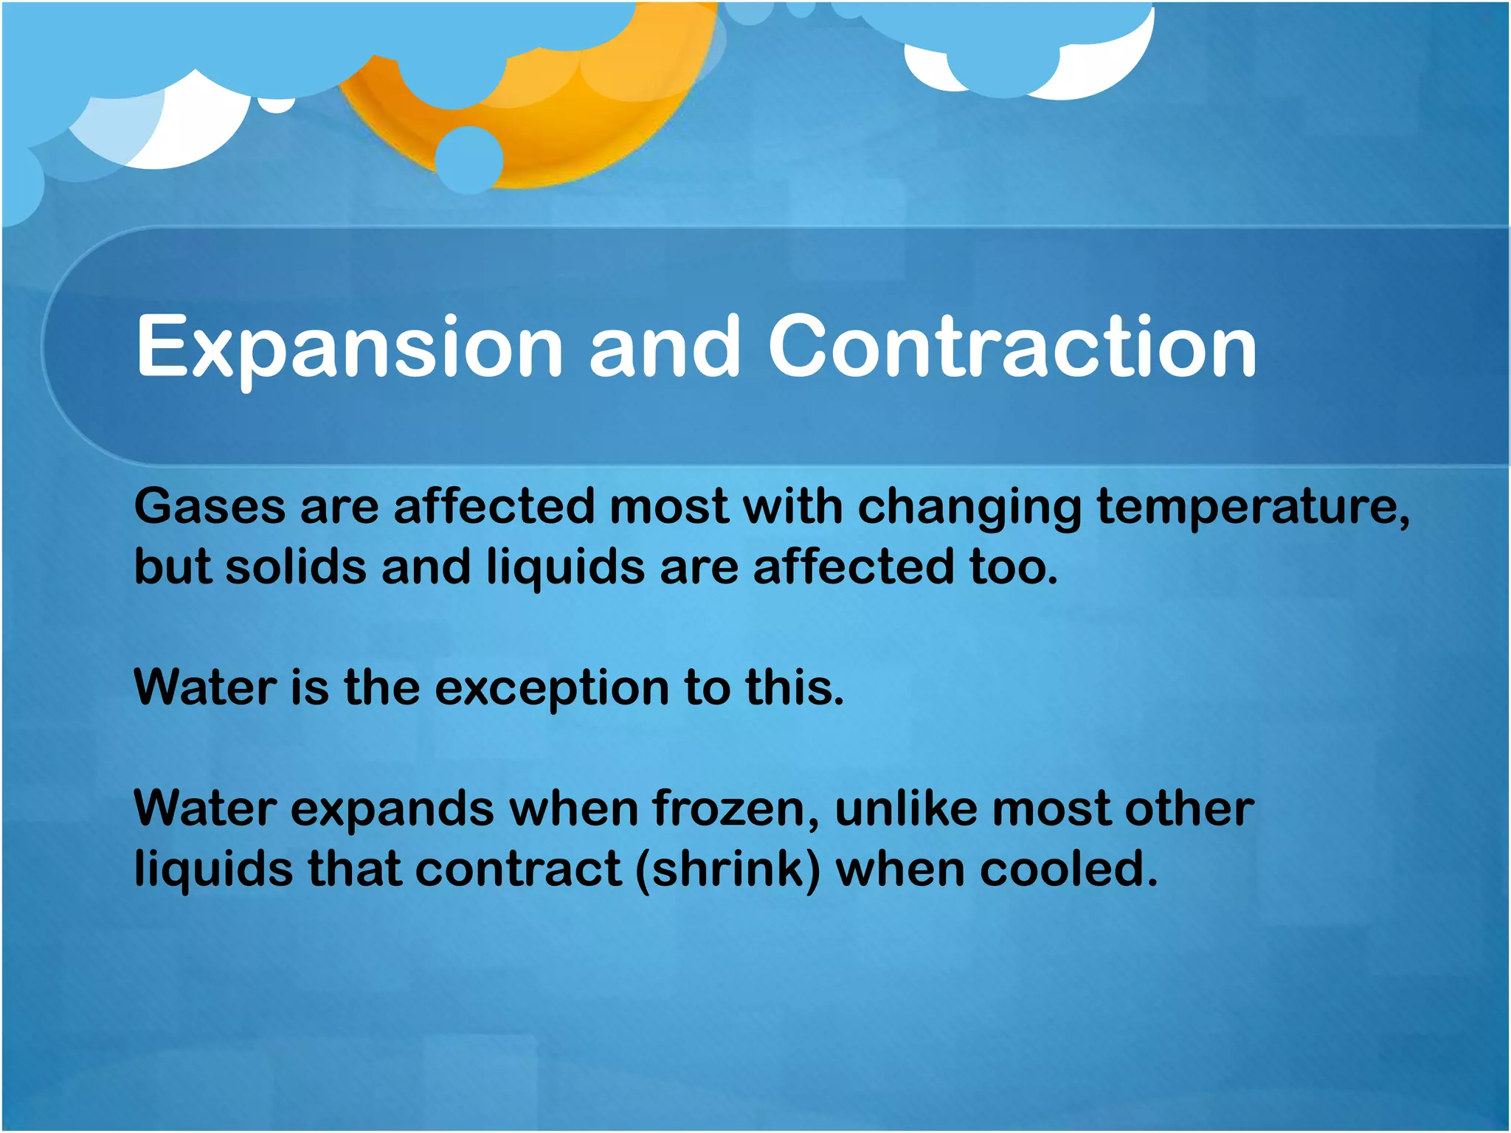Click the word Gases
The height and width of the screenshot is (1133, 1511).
(210, 507)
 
